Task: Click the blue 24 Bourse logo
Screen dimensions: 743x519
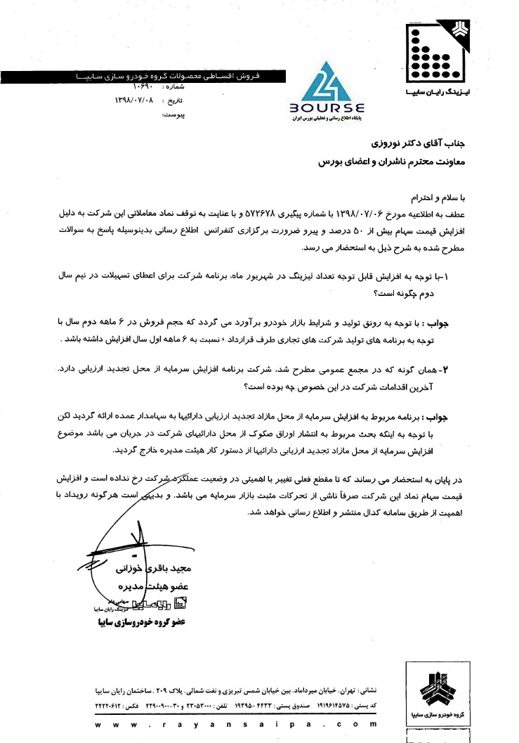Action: coord(326,87)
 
